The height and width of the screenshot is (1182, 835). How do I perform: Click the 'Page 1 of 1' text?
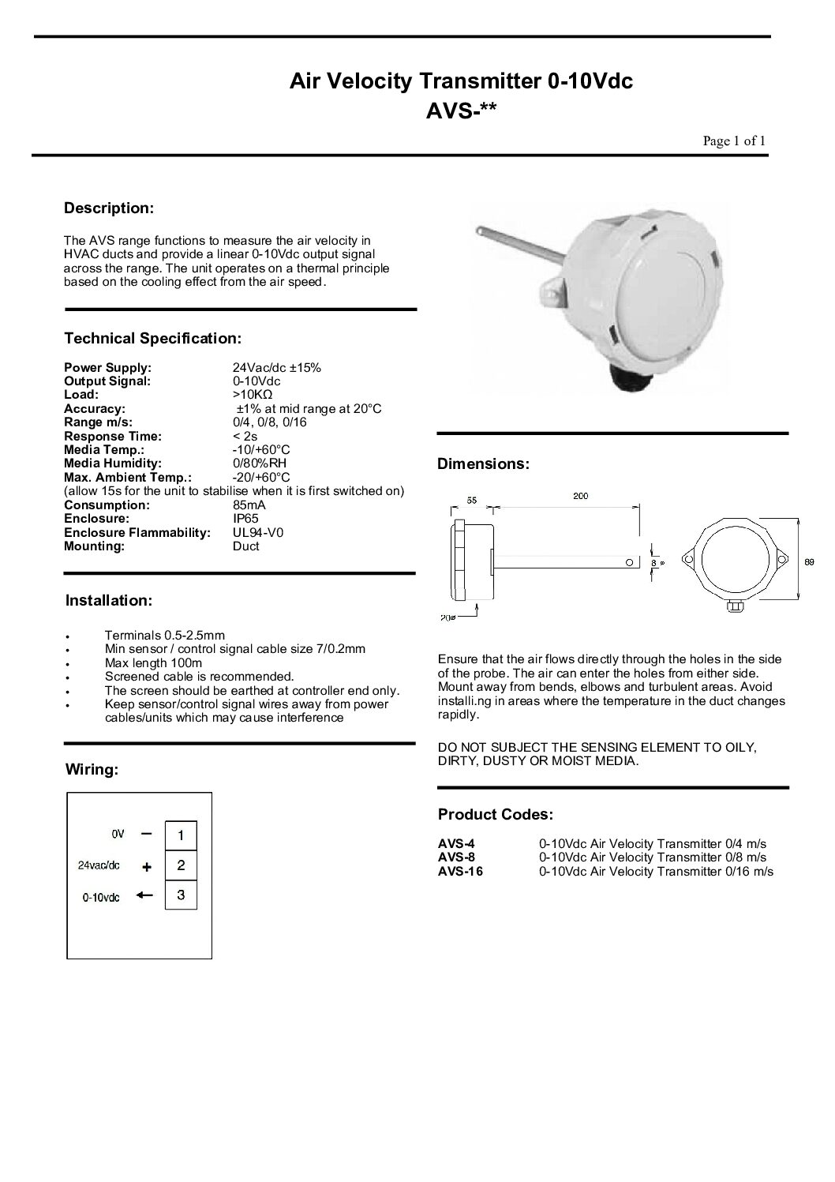[734, 141]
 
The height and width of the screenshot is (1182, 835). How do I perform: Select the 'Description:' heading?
[108, 208]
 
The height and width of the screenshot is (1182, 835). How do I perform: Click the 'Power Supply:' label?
[107, 367]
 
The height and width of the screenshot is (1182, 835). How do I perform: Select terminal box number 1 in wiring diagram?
[181, 835]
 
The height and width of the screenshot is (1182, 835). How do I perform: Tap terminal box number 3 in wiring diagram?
[181, 895]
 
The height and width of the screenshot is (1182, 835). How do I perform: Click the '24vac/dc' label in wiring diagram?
[99, 865]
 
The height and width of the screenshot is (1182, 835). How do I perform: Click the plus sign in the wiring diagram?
[146, 866]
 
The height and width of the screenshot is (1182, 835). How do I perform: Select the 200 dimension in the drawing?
[580, 497]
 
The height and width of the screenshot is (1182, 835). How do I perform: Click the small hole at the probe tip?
[628, 562]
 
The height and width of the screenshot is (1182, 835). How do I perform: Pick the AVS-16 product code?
[460, 872]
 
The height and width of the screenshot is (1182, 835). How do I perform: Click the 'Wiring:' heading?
[92, 769]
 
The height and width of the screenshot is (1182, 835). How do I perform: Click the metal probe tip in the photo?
[481, 231]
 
